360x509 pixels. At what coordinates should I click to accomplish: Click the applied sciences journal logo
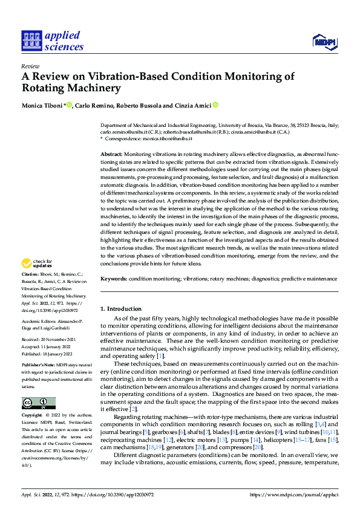pyautogui.click(x=53, y=40)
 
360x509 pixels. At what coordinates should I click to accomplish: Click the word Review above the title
pyautogui.click(x=30, y=66)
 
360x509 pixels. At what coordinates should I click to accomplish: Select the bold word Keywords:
pyautogui.click(x=114, y=279)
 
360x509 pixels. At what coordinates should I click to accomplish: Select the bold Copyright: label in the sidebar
pyautogui.click(x=33, y=416)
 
